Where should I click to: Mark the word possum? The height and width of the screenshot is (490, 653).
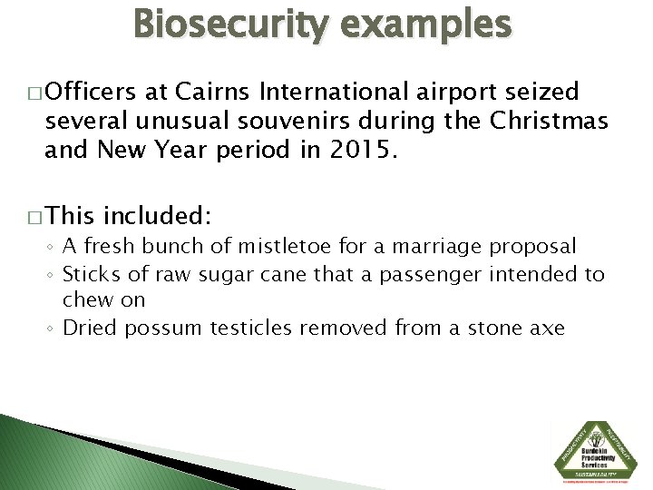[x=164, y=327]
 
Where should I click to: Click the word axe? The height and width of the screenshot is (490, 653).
[x=547, y=327]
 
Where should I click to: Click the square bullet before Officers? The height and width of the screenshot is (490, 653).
[x=35, y=93]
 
